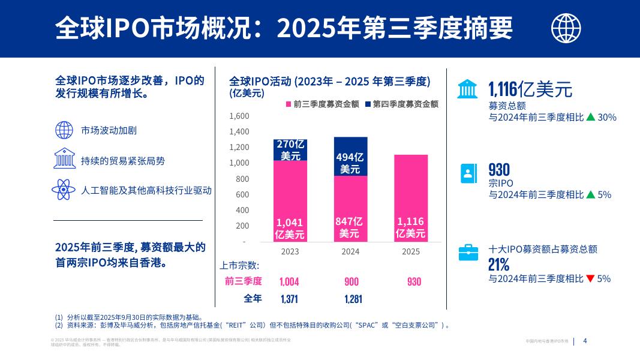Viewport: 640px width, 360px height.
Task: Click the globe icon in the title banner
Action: pyautogui.click(x=566, y=27)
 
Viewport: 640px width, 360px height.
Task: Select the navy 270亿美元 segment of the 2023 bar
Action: pyautogui.click(x=290, y=150)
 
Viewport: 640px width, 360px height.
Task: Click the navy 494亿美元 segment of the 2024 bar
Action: pyautogui.click(x=350, y=157)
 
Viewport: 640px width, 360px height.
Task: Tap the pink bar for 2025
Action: pyautogui.click(x=411, y=198)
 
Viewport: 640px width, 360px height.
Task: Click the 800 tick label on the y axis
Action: pyautogui.click(x=242, y=179)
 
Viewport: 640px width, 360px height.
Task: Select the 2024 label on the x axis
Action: pyautogui.click(x=350, y=251)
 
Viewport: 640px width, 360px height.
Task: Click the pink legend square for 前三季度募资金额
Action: pyautogui.click(x=289, y=104)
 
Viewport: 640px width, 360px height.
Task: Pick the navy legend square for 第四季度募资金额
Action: pyautogui.click(x=368, y=104)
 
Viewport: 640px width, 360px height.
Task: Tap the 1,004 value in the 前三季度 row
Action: pyautogui.click(x=289, y=281)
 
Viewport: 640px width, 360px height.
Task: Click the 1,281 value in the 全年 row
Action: pyautogui.click(x=351, y=299)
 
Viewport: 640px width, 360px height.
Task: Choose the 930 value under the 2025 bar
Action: pyautogui.click(x=414, y=281)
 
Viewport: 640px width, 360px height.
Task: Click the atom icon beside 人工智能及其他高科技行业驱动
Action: pyautogui.click(x=64, y=190)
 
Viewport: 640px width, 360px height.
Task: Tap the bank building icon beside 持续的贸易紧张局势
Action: pyautogui.click(x=64, y=160)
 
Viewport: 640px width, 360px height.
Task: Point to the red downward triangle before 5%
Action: pyautogui.click(x=590, y=278)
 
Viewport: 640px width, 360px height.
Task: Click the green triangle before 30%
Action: pyautogui.click(x=590, y=118)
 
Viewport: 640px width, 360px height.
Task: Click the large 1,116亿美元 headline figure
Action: pyautogui.click(x=530, y=90)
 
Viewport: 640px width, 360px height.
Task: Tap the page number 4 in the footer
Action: pyautogui.click(x=585, y=341)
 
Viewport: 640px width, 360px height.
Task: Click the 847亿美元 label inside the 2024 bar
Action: pyautogui.click(x=350, y=227)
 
